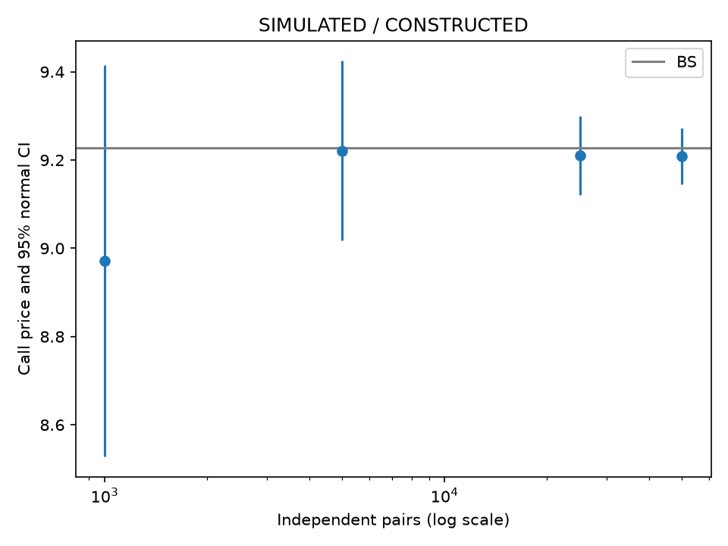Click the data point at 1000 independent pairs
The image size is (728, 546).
point(105,262)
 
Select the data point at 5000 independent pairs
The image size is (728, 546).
point(342,152)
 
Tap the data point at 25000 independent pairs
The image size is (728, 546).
point(580,156)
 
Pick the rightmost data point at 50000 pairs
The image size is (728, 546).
point(682,156)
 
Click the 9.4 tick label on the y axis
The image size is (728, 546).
point(52,73)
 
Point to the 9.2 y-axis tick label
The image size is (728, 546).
point(52,161)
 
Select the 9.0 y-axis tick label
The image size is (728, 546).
point(52,249)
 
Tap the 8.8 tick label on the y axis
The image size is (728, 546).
point(52,337)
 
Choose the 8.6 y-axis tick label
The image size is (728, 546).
point(52,425)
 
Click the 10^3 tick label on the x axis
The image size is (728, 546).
point(105,496)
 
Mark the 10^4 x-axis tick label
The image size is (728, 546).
point(444,496)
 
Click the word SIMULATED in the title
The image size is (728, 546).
point(312,25)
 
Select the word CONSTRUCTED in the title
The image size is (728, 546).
point(457,25)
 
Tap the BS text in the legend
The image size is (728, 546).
point(687,62)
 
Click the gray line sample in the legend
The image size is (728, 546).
point(648,62)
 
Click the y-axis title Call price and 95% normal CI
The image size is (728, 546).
point(24,259)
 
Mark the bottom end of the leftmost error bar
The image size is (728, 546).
point(105,457)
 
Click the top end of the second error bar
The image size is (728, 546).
point(342,61)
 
